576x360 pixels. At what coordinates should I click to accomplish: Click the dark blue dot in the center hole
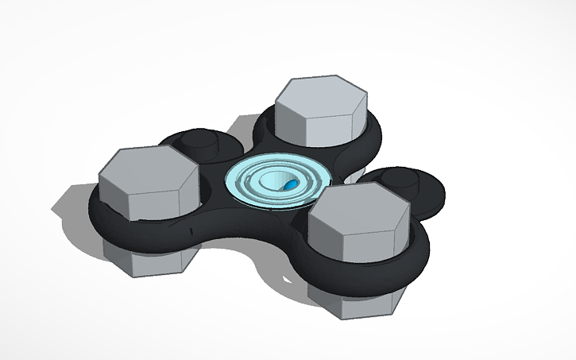[291, 184]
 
